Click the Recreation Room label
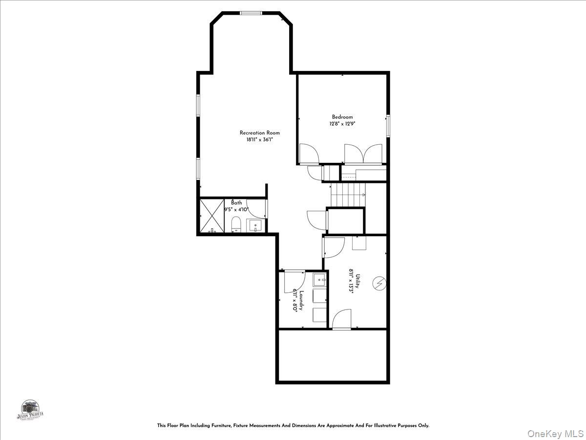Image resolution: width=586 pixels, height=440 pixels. click(x=259, y=132)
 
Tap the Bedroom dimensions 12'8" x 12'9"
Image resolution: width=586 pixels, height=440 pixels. click(x=342, y=124)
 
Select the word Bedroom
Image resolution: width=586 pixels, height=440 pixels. click(x=342, y=117)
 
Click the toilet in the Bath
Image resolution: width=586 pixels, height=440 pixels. click(x=236, y=225)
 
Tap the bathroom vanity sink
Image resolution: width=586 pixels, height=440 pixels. click(x=255, y=226)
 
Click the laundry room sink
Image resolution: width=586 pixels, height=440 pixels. click(x=319, y=280)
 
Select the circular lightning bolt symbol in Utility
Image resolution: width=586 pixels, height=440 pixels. click(x=379, y=283)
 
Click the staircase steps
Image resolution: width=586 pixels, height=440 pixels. click(x=347, y=195)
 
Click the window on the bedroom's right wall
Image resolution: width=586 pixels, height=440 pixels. click(x=388, y=126)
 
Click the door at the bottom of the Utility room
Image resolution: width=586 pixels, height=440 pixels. click(x=342, y=320)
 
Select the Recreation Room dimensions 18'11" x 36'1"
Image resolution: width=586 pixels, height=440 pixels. click(x=259, y=140)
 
